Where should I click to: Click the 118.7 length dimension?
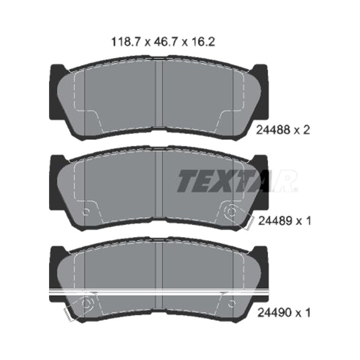(125, 42)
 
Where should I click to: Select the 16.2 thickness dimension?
(202, 42)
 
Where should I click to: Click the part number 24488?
(273, 130)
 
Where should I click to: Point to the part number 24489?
(275, 221)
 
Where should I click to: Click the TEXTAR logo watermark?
(237, 181)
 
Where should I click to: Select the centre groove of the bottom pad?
(159, 275)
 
